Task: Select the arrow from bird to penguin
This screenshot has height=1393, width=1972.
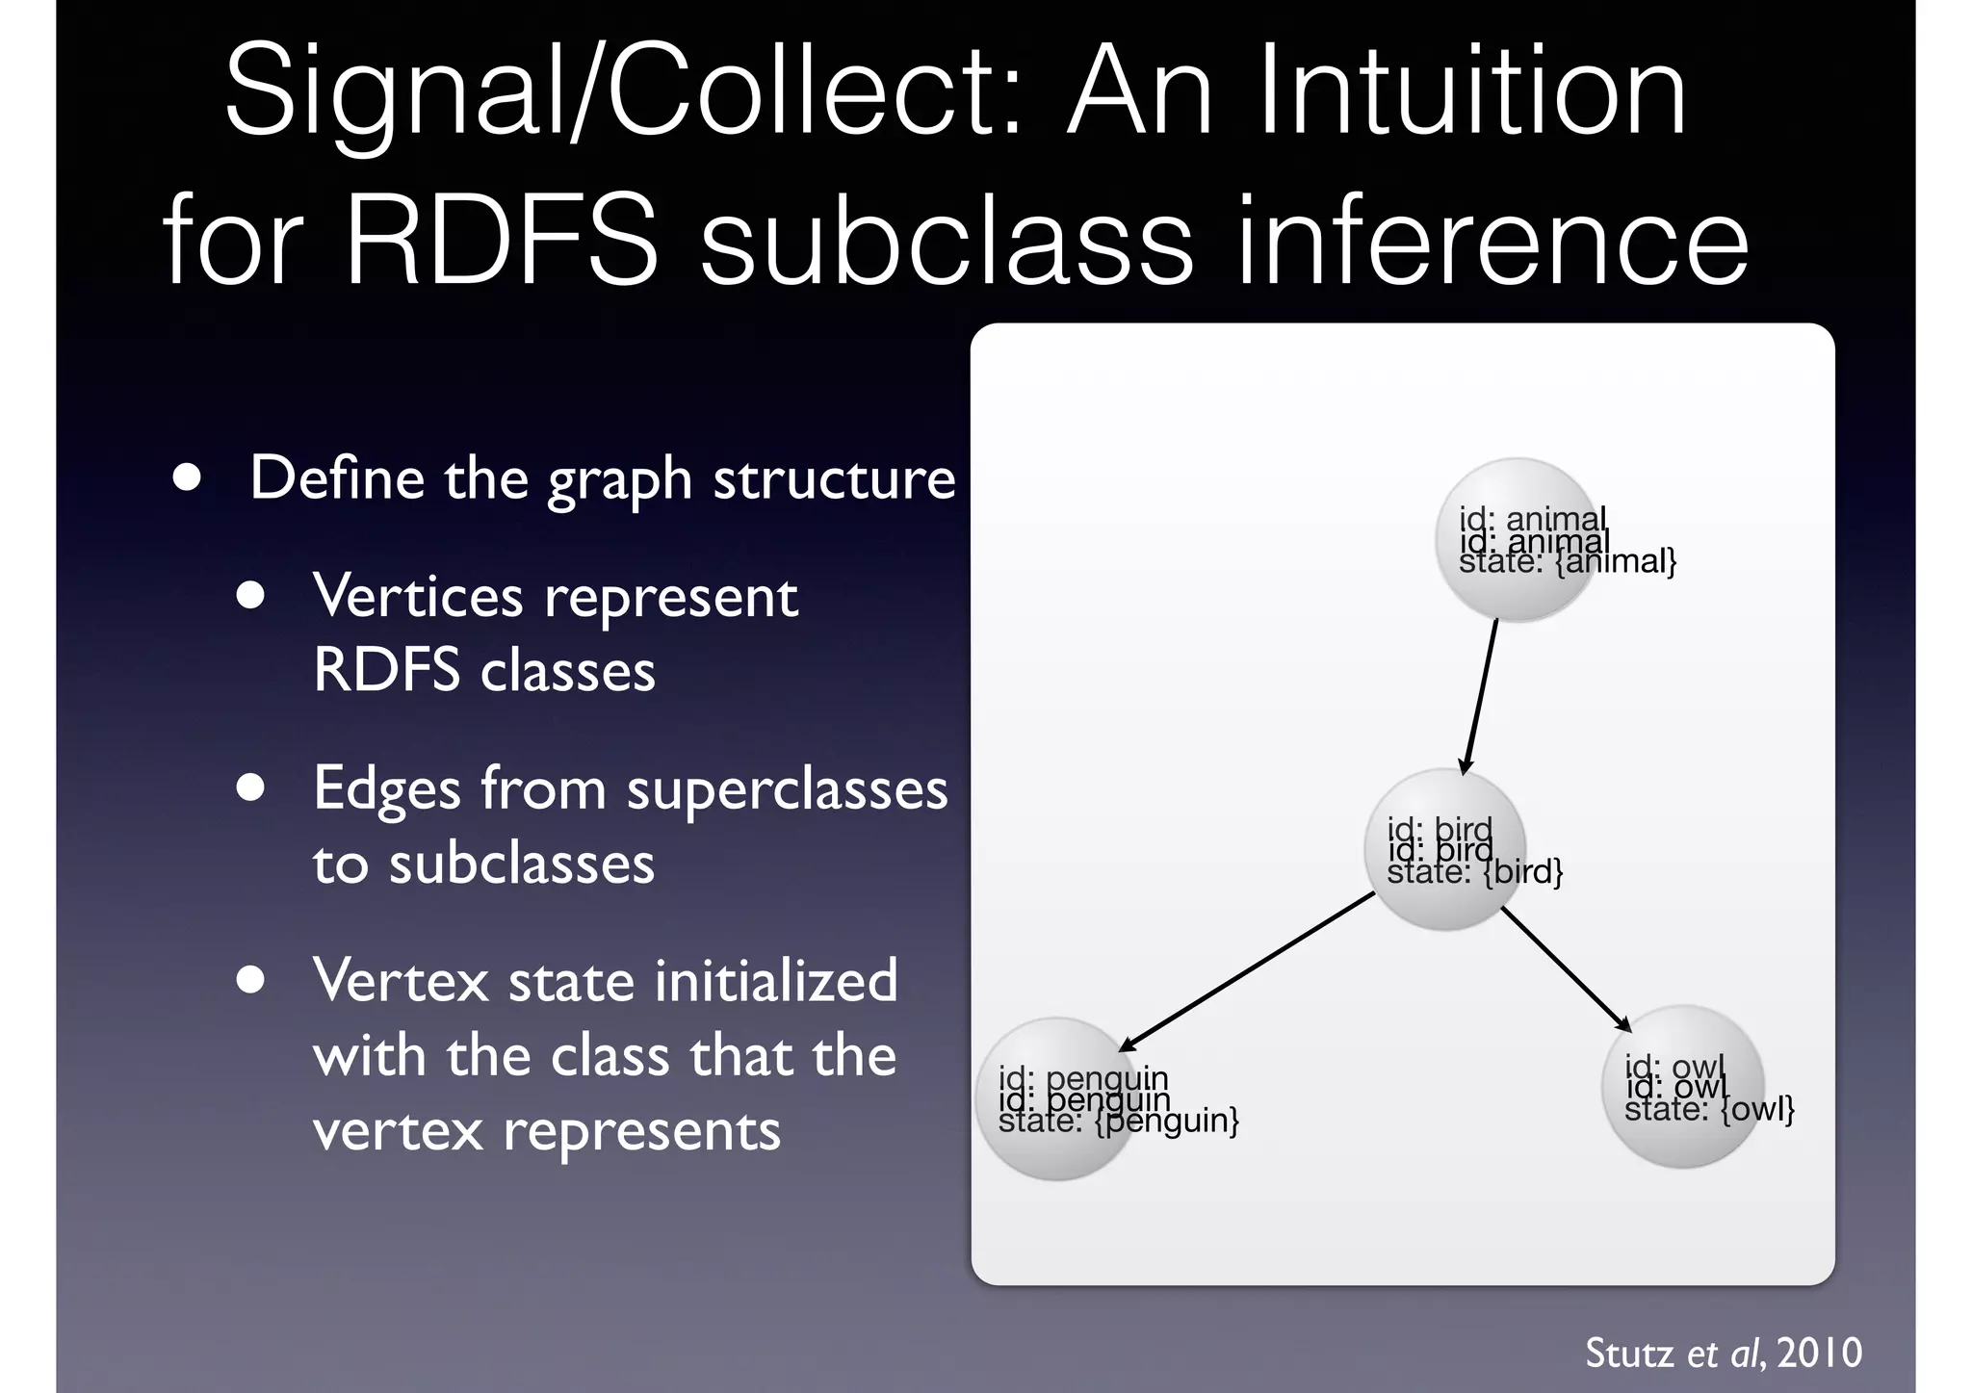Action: click(1247, 971)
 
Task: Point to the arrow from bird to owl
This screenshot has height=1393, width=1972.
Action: click(1566, 968)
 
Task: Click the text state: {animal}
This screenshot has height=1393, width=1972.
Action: click(1568, 562)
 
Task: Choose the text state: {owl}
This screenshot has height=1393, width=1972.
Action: click(1709, 1110)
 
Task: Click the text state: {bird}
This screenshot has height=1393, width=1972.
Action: click(1474, 873)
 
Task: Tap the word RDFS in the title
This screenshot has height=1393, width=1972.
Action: click(501, 241)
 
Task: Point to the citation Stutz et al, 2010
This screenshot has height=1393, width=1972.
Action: click(1723, 1354)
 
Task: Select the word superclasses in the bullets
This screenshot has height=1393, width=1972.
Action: click(787, 789)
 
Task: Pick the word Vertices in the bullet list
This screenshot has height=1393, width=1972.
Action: click(418, 597)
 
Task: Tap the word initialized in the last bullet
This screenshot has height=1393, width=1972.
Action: click(776, 981)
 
